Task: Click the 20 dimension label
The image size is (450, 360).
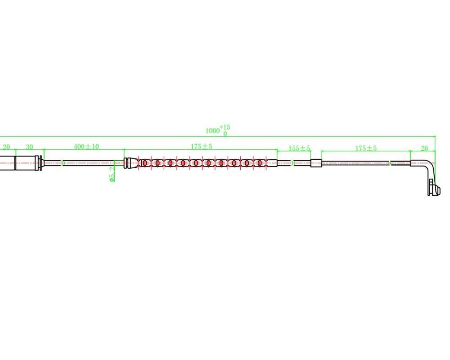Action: (6, 147)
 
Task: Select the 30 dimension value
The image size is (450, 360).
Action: (29, 147)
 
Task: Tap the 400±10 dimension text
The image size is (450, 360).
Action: (86, 146)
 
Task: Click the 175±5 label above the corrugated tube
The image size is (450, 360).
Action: (202, 146)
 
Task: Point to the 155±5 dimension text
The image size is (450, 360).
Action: (299, 148)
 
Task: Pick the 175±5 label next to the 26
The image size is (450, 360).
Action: (366, 148)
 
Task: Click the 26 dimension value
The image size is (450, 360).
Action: (424, 148)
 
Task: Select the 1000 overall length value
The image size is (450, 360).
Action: (213, 131)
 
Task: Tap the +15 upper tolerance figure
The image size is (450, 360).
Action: (225, 127)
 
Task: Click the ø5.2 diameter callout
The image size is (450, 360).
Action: (112, 174)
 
